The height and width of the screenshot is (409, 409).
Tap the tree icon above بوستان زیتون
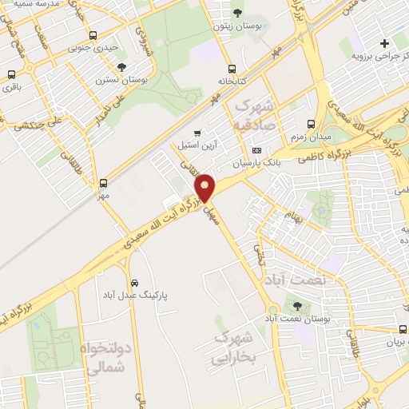(238, 12)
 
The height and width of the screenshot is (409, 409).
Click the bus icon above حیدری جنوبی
(93, 36)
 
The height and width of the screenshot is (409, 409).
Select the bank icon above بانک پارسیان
(256, 151)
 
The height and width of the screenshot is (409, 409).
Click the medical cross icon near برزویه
(385, 43)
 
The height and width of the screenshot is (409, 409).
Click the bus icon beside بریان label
(402, 329)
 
